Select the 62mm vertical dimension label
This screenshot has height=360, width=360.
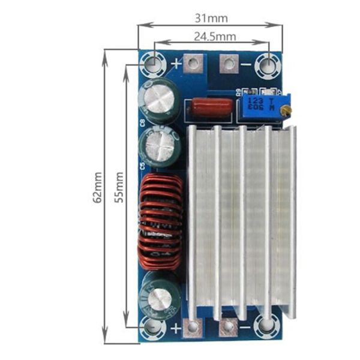98,188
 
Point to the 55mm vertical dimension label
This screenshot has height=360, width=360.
119,188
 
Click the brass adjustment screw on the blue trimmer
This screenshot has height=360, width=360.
288,109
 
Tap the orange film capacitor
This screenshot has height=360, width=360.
211,108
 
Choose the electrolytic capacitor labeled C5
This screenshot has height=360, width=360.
160,148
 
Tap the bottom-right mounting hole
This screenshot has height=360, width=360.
265,326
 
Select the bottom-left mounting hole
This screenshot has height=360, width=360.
153,327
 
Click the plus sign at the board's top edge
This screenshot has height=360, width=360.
176,62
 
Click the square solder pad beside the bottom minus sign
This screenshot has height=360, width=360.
227,327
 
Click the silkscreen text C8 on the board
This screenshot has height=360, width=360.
142,123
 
